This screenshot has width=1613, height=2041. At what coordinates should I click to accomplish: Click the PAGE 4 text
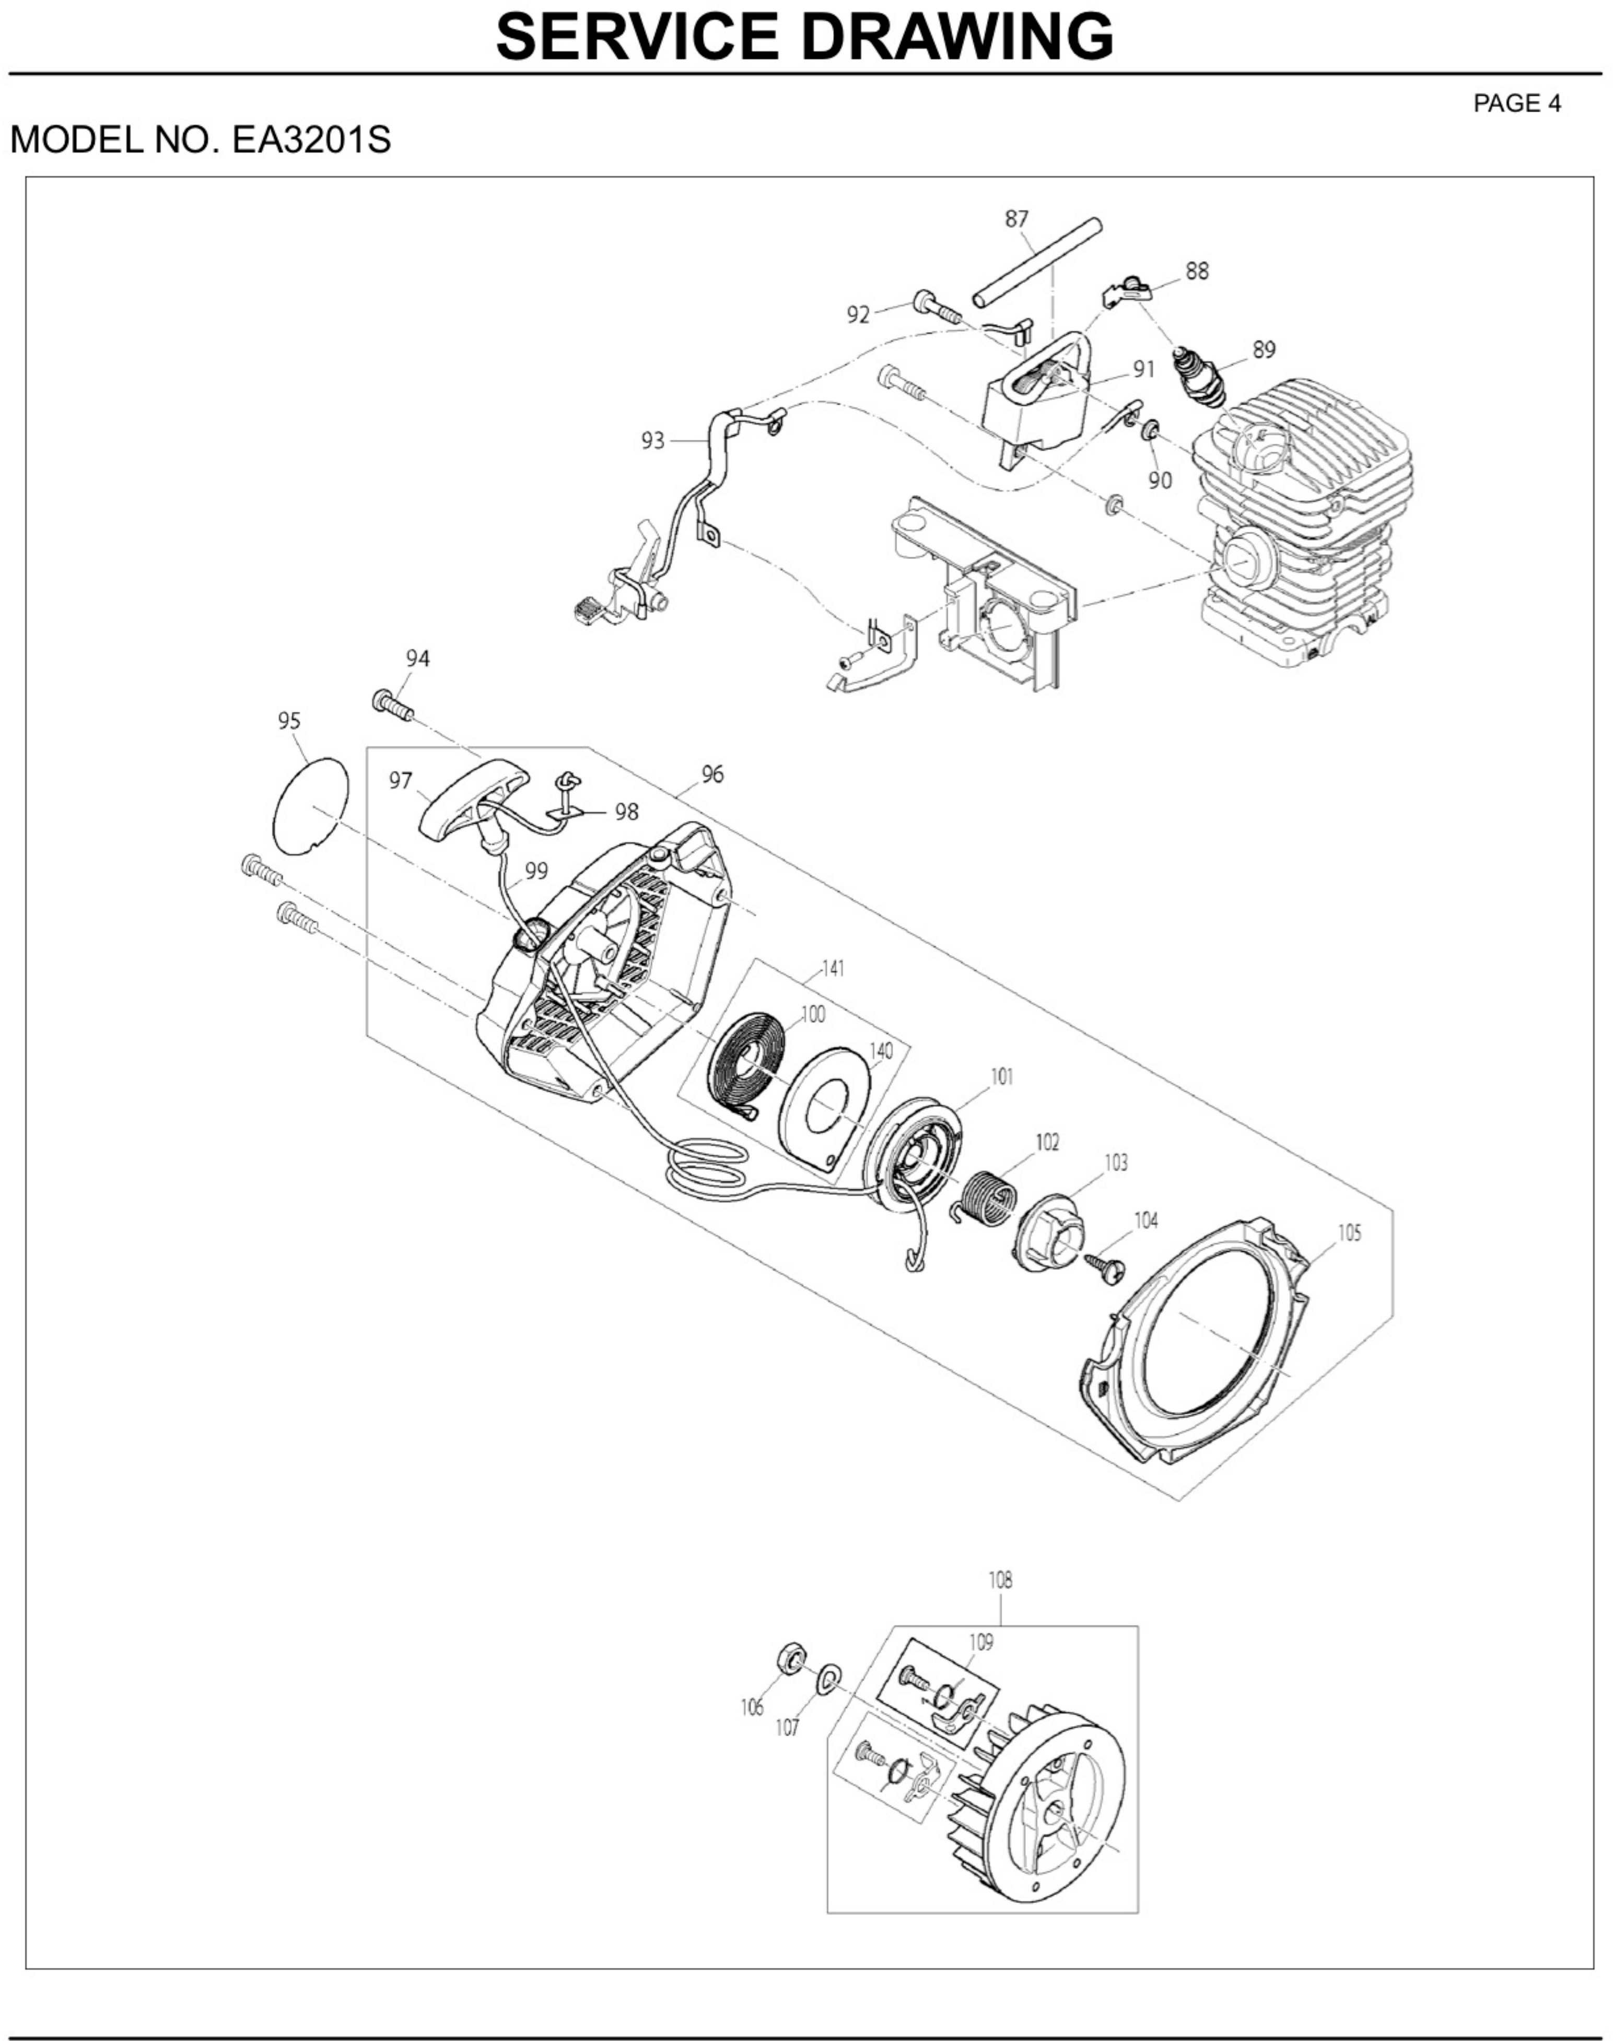1517,104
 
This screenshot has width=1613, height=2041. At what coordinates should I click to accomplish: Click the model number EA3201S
312,140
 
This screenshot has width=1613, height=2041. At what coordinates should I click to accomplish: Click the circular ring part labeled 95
310,804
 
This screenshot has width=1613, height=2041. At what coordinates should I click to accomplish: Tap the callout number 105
1350,1233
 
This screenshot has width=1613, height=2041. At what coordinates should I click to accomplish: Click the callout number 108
1000,1579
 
